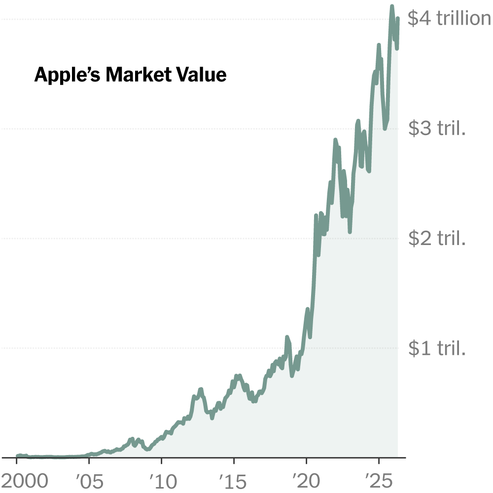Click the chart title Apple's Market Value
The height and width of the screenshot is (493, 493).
point(130,75)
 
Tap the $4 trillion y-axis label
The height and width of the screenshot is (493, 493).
point(449,19)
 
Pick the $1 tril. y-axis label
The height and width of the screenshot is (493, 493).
point(437,349)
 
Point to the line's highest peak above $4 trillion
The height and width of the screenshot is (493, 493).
point(392,6)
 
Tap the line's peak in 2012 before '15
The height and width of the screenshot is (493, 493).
point(201,389)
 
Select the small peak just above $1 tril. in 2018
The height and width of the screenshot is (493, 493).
point(287,338)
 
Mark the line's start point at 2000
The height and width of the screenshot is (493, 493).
point(17,456)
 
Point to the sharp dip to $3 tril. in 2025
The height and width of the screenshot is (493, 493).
point(385,129)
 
